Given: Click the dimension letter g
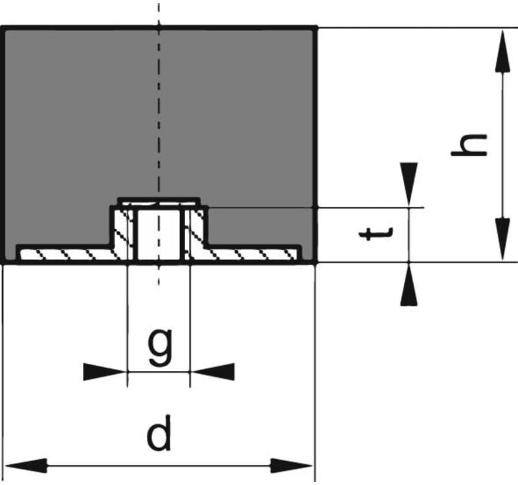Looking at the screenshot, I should click(159, 347).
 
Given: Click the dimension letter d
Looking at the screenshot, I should click(159, 435).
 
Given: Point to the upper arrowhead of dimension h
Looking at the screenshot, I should click(503, 52).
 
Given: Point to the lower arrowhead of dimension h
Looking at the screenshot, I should click(503, 239).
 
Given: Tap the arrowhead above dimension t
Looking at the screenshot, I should click(409, 183).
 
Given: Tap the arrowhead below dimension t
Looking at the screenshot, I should click(409, 287).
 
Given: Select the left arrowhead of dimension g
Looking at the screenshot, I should click(104, 372).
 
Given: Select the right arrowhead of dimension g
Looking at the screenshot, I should click(214, 372).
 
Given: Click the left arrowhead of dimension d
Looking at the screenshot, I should click(26, 466).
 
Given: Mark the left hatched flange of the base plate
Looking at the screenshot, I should click(65, 254).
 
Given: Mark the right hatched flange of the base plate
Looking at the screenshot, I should click(253, 254).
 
